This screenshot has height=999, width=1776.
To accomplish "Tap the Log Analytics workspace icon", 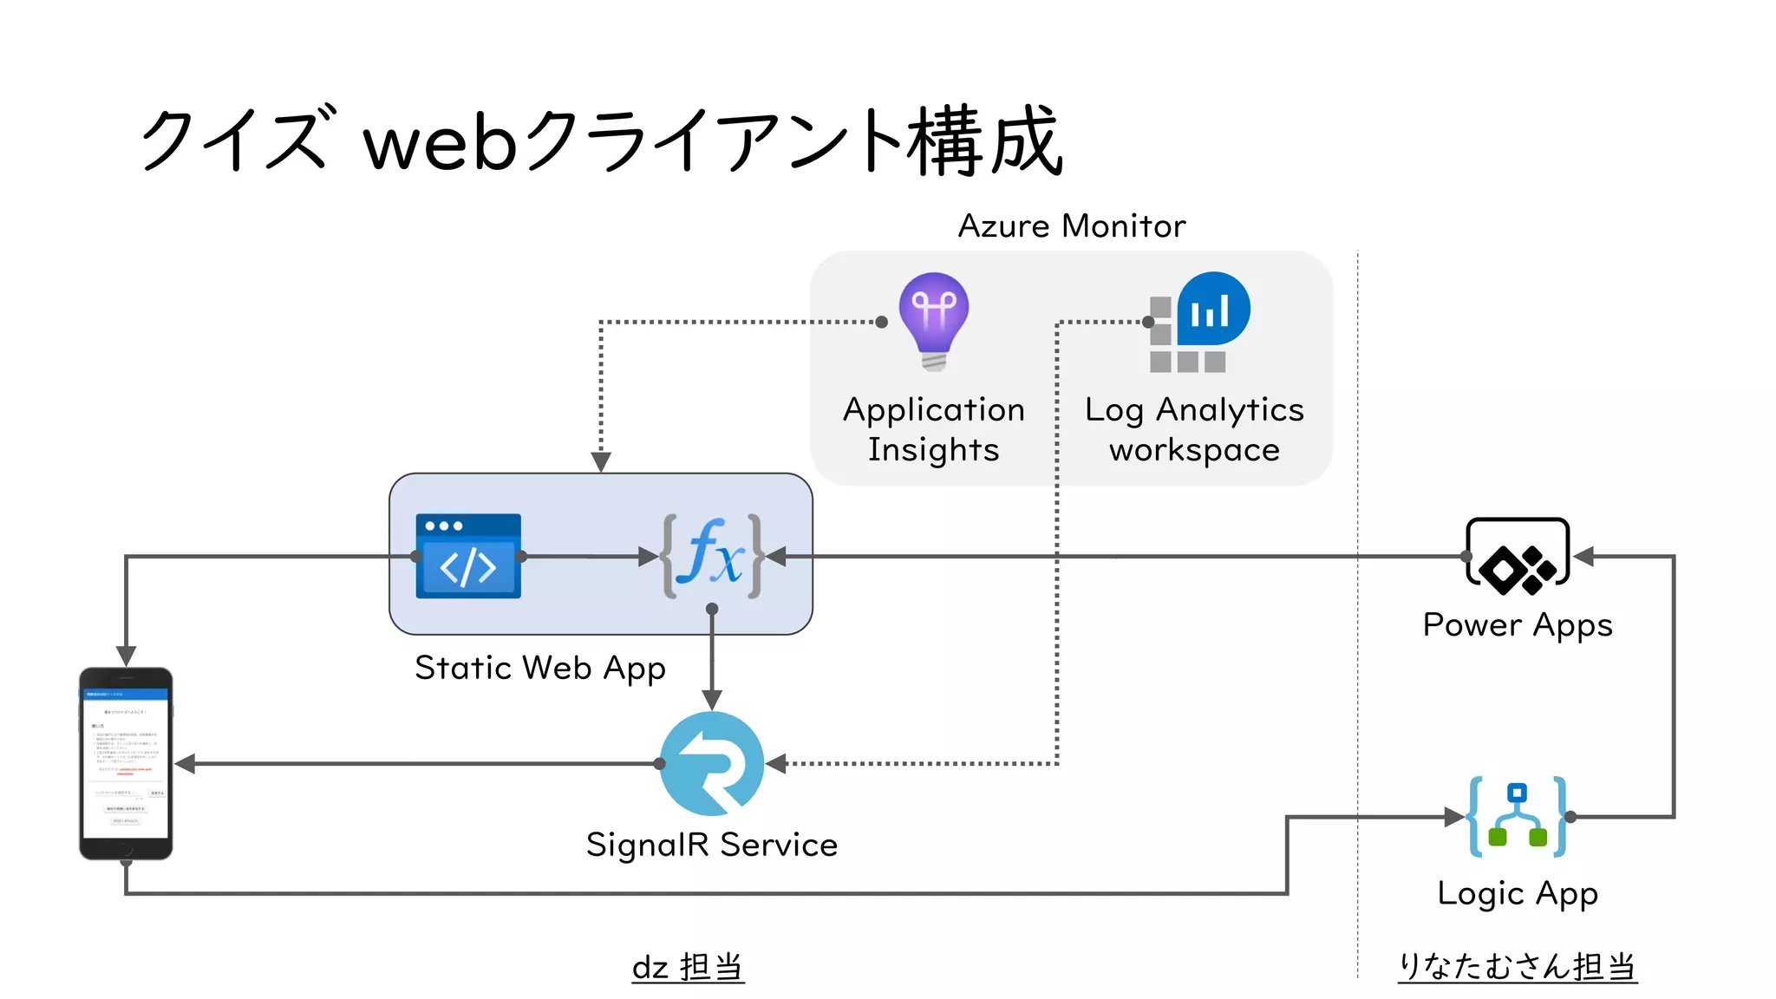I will click(1199, 323).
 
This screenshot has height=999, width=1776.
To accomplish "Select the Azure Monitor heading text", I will click(1071, 226).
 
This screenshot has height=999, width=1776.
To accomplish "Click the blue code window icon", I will click(468, 556).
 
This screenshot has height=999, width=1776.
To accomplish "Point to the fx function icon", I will click(712, 556).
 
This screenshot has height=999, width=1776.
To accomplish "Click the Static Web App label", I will click(539, 669).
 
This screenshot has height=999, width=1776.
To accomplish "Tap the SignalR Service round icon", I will click(712, 763).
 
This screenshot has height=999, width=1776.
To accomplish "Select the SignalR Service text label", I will click(711, 845).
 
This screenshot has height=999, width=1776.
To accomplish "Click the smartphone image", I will click(126, 763).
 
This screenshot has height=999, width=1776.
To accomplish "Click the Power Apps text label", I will click(1517, 625).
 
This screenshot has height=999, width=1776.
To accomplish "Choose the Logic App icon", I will click(1518, 817).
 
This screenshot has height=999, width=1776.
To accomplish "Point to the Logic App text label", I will click(1517, 893).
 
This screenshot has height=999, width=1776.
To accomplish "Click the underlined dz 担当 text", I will click(688, 967).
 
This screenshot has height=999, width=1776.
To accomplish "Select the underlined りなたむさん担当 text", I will click(1517, 966).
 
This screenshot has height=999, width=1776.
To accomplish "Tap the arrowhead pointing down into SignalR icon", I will click(712, 700).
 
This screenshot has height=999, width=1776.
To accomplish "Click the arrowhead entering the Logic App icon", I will click(1455, 817).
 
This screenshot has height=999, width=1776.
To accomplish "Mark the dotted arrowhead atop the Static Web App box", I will click(601, 461).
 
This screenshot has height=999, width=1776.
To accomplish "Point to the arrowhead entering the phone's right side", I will click(185, 764).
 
